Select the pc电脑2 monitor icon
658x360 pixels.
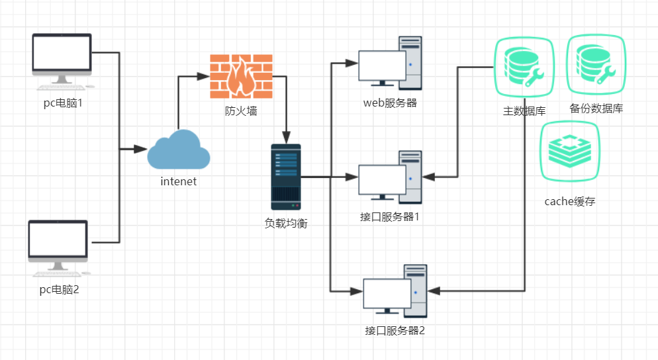click(58, 247)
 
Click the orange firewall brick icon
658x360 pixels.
click(241, 75)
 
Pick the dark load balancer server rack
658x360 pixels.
click(286, 177)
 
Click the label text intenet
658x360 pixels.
click(178, 181)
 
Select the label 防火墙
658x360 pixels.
click(241, 111)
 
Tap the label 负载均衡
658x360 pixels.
click(286, 223)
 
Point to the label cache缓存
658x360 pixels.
click(570, 201)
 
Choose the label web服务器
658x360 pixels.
click(390, 103)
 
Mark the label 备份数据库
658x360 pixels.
click(596, 109)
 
